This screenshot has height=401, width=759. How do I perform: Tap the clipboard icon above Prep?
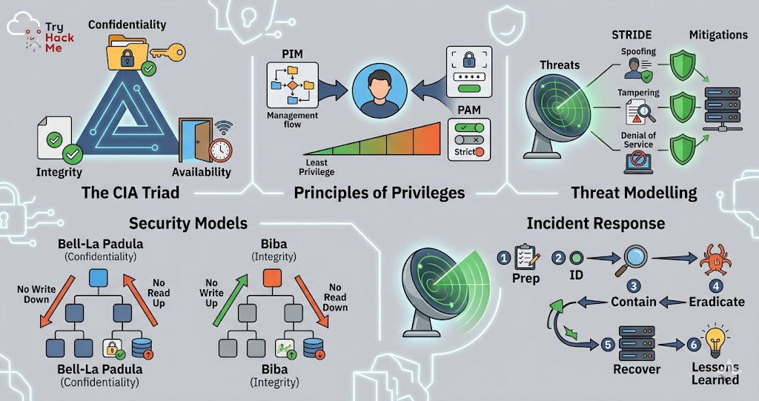(525, 257)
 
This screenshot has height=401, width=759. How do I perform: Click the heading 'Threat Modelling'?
(634, 193)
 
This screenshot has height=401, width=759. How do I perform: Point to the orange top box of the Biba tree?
(272, 279)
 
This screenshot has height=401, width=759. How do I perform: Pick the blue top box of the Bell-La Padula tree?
(99, 279)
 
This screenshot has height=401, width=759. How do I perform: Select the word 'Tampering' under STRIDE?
(638, 92)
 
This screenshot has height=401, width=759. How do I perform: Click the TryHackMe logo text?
(53, 35)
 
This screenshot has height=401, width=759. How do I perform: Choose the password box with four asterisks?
(468, 78)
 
